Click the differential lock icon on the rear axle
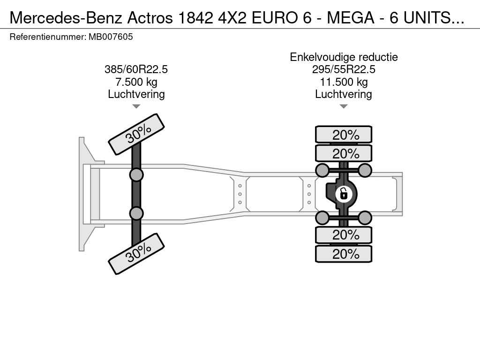coord(344,194)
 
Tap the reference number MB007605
coord(111,37)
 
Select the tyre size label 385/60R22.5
coord(136,69)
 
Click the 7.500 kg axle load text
coord(136,82)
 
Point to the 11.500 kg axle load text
coord(344,82)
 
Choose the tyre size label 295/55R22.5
coord(344,69)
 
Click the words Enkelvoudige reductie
coord(344,57)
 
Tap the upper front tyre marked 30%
coord(136,135)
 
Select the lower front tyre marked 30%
coord(136,254)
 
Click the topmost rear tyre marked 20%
coord(344,135)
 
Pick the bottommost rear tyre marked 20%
coord(344,254)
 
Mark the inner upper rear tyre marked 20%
coord(344,153)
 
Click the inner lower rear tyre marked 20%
coord(344,235)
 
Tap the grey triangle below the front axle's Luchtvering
coord(136,106)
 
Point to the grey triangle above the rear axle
coord(344,106)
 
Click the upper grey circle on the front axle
coord(136,175)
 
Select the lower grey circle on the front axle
coord(136,213)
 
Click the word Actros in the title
coord(150,18)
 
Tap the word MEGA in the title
coord(351,18)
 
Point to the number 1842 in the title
coord(195,18)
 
